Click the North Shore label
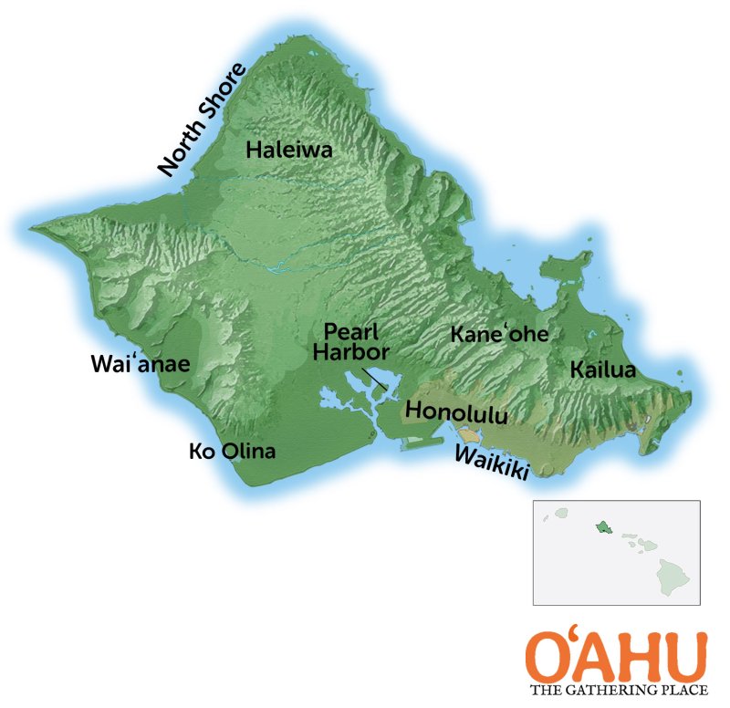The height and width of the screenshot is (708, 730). [x=203, y=120]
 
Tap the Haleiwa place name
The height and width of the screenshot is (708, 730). [x=289, y=151]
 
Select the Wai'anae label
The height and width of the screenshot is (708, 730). [x=140, y=364]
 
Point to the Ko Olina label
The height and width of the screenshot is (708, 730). [x=232, y=451]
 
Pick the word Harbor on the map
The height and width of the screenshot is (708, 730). [x=351, y=351]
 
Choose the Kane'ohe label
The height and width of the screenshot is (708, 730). [x=500, y=334]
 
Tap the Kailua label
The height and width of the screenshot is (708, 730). [x=602, y=370]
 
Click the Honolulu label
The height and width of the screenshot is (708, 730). [x=455, y=411]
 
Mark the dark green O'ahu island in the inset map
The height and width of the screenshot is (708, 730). [x=604, y=527]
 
